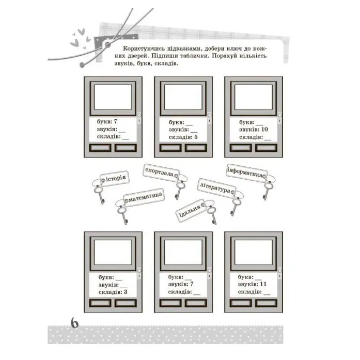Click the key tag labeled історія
coord(115,178)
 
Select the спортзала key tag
coord(161,173)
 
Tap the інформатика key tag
coord(246,173)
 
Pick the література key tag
coord(216,189)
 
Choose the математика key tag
coord(144,197)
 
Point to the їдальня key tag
coord(191,211)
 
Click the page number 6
coord(74,323)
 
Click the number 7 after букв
coord(115,121)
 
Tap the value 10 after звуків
coord(264,129)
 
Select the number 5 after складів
coord(196,137)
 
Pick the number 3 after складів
coord(126,292)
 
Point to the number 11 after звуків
coord(263,284)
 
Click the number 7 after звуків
coord(192,284)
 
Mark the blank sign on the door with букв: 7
coord(113,97)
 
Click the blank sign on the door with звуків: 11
coord(254,253)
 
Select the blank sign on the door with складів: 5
coord(183,97)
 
